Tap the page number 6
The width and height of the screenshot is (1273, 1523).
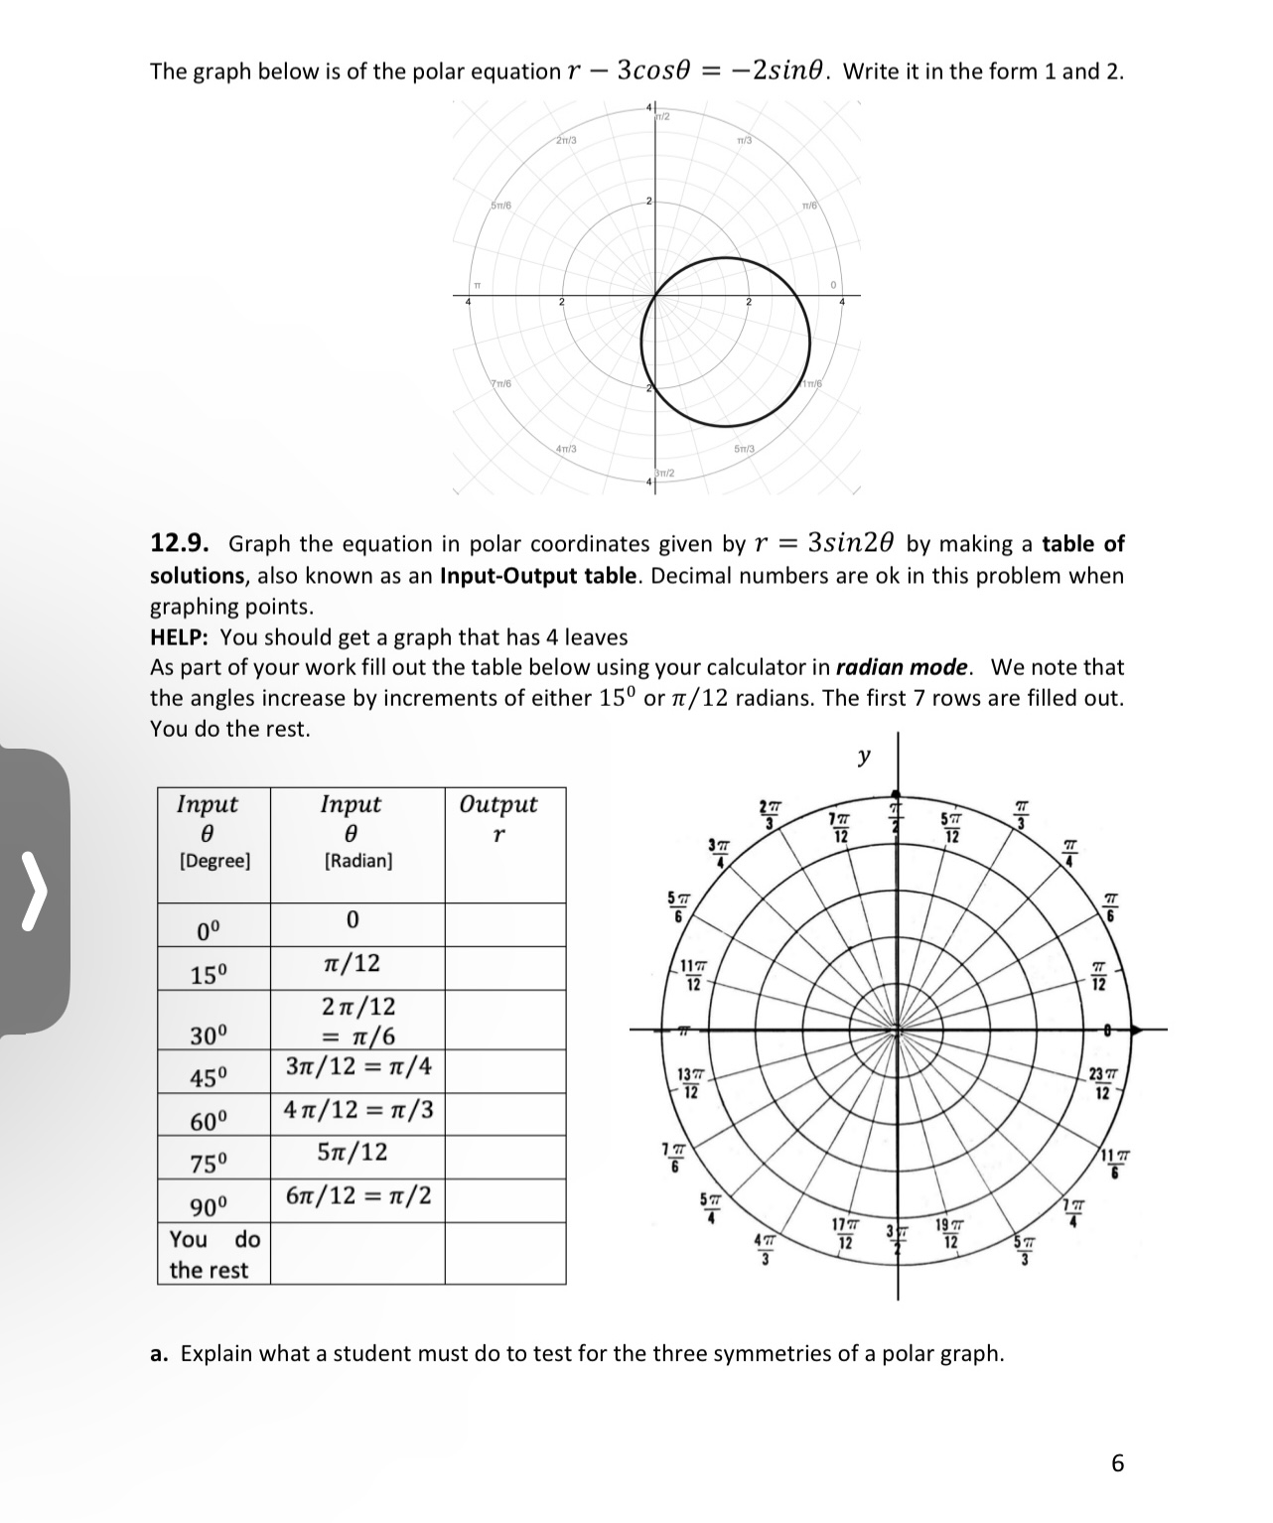1118,1464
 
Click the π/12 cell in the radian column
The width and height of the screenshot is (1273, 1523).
352,963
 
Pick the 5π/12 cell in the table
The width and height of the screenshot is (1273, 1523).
352,1153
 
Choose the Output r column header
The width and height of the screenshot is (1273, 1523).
498,817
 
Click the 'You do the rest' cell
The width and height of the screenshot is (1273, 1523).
213,1254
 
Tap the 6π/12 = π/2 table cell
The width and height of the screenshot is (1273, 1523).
357,1195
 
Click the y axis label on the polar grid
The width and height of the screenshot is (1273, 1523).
864,758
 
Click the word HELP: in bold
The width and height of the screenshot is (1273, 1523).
182,637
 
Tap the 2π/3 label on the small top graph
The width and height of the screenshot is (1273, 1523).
567,140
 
